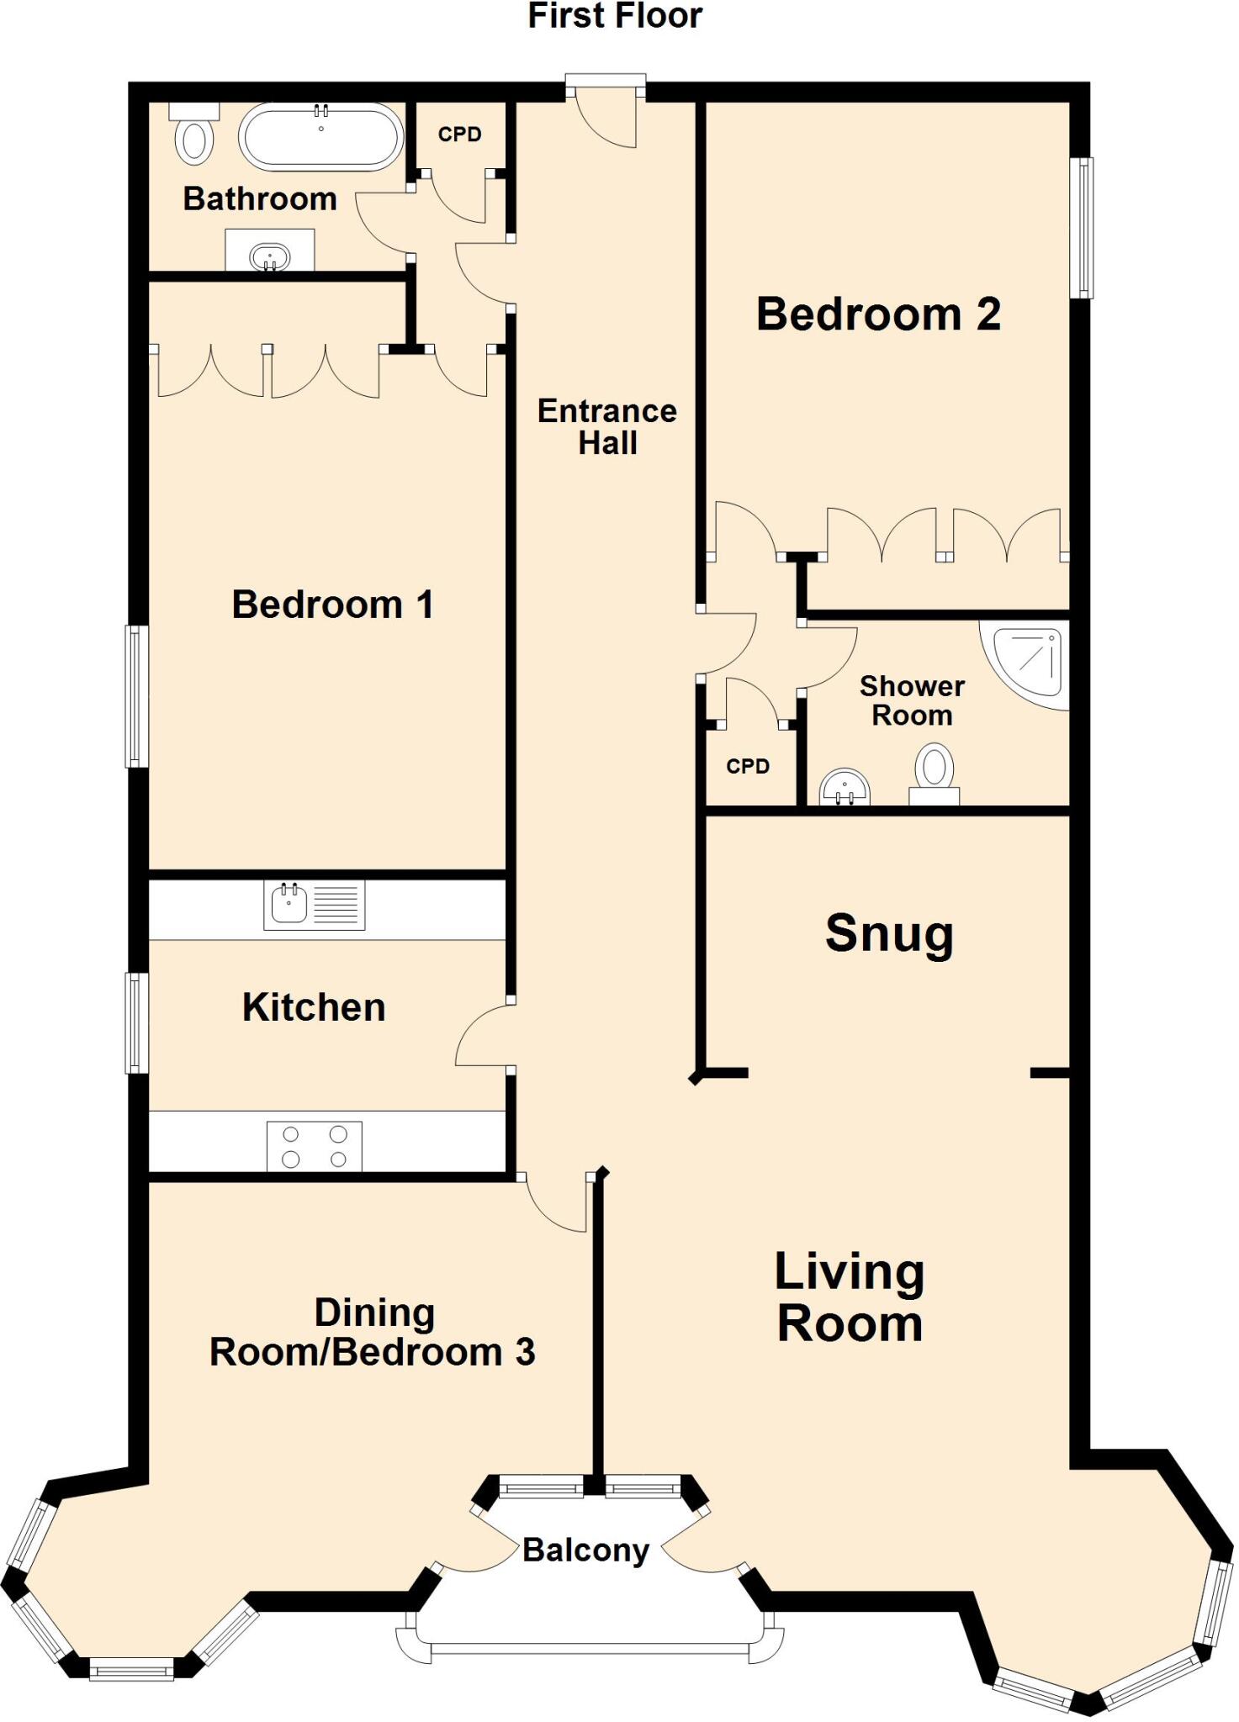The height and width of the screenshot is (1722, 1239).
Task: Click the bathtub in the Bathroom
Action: coord(321,137)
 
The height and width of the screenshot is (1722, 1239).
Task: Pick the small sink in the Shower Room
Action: coord(845,788)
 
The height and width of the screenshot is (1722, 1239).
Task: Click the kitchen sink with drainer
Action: coord(314,905)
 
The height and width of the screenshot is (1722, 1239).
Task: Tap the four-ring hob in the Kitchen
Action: coord(315,1146)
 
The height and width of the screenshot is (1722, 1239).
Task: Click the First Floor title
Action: coord(615,16)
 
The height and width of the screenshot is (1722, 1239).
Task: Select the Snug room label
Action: coord(889,933)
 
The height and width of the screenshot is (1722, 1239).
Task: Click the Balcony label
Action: coord(585,1550)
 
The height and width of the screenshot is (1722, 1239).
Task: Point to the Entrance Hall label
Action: coord(607,426)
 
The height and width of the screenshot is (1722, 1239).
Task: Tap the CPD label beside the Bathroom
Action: coord(459,135)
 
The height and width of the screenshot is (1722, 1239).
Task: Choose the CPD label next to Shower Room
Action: coord(748,766)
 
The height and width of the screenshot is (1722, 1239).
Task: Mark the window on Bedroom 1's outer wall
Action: coord(136,696)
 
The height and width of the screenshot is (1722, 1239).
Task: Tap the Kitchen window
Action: coord(136,1022)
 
